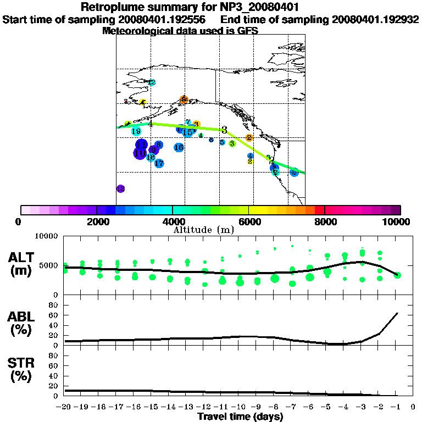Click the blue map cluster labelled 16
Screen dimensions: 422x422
(179, 147)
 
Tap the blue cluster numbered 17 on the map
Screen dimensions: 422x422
(159, 163)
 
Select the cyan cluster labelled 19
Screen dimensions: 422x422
(136, 131)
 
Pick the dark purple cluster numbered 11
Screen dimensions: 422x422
(141, 145)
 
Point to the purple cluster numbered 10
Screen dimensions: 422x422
(140, 153)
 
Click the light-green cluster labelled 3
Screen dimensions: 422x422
(232, 143)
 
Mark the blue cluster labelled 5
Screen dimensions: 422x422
(222, 142)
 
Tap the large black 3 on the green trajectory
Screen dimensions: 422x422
(224, 130)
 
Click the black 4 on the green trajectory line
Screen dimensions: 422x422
(150, 124)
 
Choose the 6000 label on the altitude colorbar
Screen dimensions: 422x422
(249, 221)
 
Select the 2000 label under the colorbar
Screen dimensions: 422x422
(96, 221)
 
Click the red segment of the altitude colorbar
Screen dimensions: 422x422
(319, 210)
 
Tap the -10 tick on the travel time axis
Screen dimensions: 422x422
(240, 408)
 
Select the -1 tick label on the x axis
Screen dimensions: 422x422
(396, 408)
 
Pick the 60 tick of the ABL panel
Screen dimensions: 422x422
(54, 315)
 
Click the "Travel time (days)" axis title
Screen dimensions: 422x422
(240, 417)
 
